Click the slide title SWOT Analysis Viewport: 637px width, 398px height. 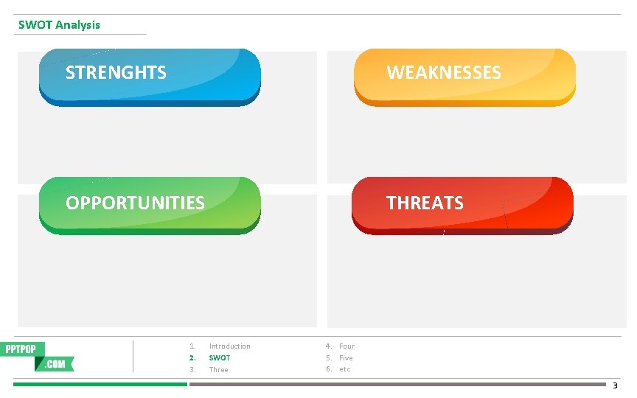coord(59,25)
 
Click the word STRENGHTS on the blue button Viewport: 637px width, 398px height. coord(116,72)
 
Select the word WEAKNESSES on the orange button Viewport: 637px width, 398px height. coord(443,72)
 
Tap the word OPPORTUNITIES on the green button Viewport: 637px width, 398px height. coord(135,203)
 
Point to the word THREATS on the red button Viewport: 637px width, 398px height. coord(425,203)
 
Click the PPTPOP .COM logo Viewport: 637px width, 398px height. coord(40,356)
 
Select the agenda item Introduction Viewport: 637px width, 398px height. coord(229,346)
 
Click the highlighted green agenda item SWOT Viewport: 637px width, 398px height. coord(219,358)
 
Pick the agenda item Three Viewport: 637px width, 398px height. coord(218,370)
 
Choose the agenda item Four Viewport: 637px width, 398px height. coord(347,346)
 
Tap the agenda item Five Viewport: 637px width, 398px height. coord(346,358)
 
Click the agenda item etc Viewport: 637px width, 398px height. coord(344,369)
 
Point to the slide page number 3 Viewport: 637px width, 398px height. coord(616,385)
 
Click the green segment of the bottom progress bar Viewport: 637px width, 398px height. coord(100,384)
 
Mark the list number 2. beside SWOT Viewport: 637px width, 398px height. coord(192,358)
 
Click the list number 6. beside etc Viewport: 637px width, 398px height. coord(329,369)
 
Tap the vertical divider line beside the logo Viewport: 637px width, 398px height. coord(133,356)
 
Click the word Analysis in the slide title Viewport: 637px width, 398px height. coord(77,25)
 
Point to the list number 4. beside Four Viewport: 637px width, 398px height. coord(329,346)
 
